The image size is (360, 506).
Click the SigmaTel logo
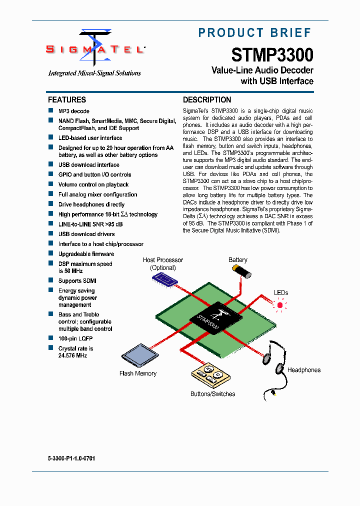click(95, 49)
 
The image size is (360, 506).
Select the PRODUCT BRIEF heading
click(255, 33)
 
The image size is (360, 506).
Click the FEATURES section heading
click(67, 99)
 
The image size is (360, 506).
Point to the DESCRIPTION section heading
click(207, 99)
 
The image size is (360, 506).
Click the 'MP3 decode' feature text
click(74, 111)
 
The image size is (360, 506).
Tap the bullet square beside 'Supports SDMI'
click(50, 280)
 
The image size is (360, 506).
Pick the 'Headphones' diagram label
click(304, 370)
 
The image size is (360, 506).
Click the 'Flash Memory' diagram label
click(138, 373)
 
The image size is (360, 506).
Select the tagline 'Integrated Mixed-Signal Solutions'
click(94, 73)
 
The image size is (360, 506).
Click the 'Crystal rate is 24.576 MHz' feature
click(75, 352)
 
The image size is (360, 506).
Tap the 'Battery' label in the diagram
click(238, 260)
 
